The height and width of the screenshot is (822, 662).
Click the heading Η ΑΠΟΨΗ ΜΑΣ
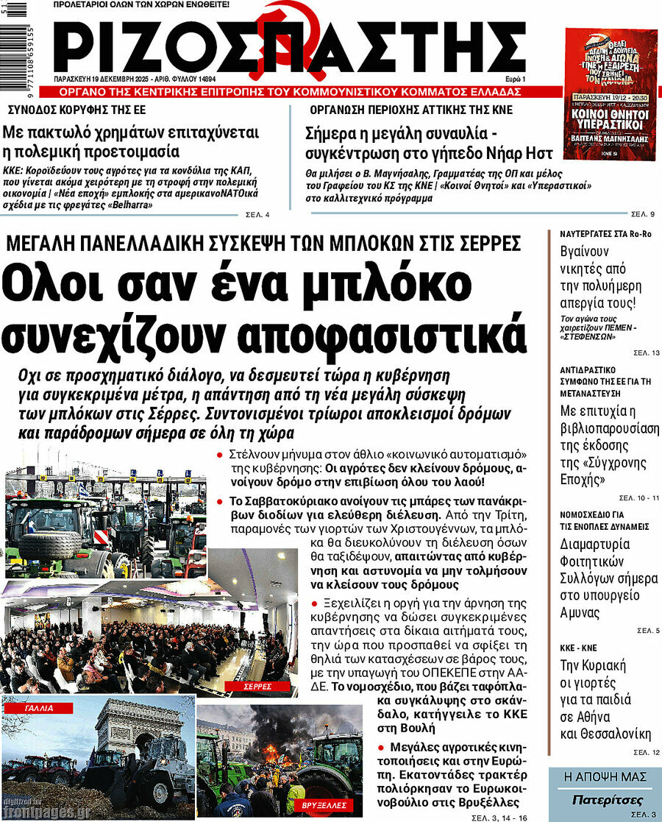tap(604, 777)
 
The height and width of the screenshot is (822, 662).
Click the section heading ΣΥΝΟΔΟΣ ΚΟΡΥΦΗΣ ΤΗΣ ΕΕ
tap(76, 110)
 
